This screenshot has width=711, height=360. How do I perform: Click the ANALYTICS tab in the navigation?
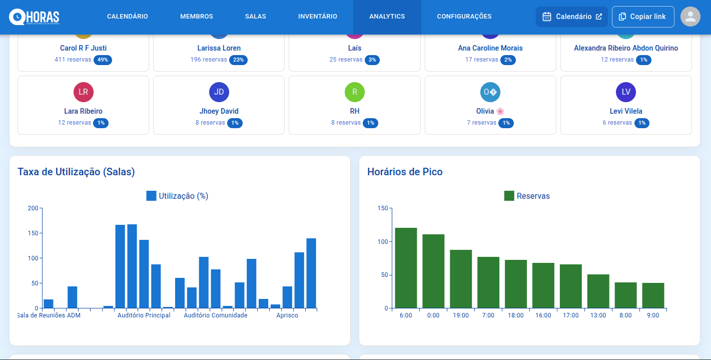387,17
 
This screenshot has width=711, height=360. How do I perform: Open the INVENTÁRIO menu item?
317,17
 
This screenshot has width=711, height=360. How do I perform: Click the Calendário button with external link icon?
571,17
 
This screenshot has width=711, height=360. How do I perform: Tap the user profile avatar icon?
690,17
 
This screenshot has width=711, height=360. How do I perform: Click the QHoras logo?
34,17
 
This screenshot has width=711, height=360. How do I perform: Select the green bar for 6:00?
406,268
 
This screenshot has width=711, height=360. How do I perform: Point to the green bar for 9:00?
653,295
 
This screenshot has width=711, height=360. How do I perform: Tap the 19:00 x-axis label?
461,315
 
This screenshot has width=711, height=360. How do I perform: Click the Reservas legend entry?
527,196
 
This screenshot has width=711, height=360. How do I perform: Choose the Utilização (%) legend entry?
177,196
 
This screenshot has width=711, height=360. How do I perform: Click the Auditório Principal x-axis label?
144,315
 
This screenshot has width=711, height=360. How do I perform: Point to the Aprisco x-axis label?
287,315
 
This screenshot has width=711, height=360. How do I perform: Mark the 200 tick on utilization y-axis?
33,208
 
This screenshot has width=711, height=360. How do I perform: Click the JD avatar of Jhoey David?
219,92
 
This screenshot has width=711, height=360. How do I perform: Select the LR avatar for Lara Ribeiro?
83,92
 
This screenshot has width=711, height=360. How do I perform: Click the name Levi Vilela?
626,111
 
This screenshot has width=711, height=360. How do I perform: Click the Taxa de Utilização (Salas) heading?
76,172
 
